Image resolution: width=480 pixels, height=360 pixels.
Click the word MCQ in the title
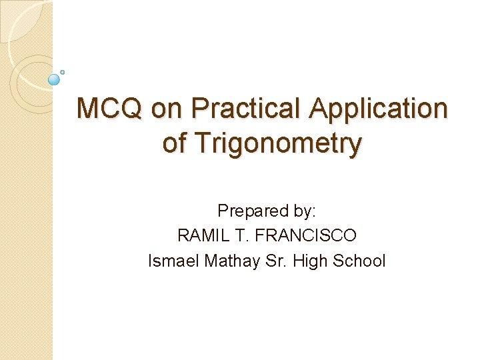(109, 109)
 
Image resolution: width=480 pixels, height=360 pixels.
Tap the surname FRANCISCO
(306, 236)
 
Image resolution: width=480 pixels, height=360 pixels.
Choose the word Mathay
(225, 261)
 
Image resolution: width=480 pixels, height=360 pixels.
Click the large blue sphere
(55, 79)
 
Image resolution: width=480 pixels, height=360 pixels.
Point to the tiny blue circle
(63, 71)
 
